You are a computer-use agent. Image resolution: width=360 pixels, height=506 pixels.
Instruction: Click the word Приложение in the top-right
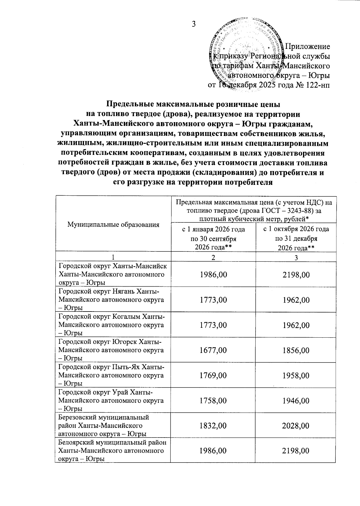(307, 47)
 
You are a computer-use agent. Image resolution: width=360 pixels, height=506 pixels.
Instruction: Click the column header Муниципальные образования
(113, 224)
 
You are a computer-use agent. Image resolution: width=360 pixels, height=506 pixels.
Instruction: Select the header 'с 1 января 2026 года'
(214, 229)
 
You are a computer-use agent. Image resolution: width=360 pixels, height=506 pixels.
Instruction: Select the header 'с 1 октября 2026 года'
(296, 229)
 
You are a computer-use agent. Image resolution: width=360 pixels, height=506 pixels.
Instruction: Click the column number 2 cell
(213, 257)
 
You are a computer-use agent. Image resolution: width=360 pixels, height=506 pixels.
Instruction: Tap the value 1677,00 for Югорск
(214, 350)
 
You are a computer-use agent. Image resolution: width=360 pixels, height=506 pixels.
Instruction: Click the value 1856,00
(296, 350)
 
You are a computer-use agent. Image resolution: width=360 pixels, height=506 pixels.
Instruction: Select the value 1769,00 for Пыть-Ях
(214, 375)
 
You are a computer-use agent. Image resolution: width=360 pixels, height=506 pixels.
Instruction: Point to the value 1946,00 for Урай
(296, 401)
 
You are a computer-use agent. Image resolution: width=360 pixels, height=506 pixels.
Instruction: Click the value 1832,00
(214, 426)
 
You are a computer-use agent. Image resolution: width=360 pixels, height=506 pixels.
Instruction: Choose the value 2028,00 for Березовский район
(296, 426)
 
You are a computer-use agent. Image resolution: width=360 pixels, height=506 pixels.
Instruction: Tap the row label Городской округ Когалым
(111, 317)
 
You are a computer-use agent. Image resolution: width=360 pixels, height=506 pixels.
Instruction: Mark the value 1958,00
(296, 375)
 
